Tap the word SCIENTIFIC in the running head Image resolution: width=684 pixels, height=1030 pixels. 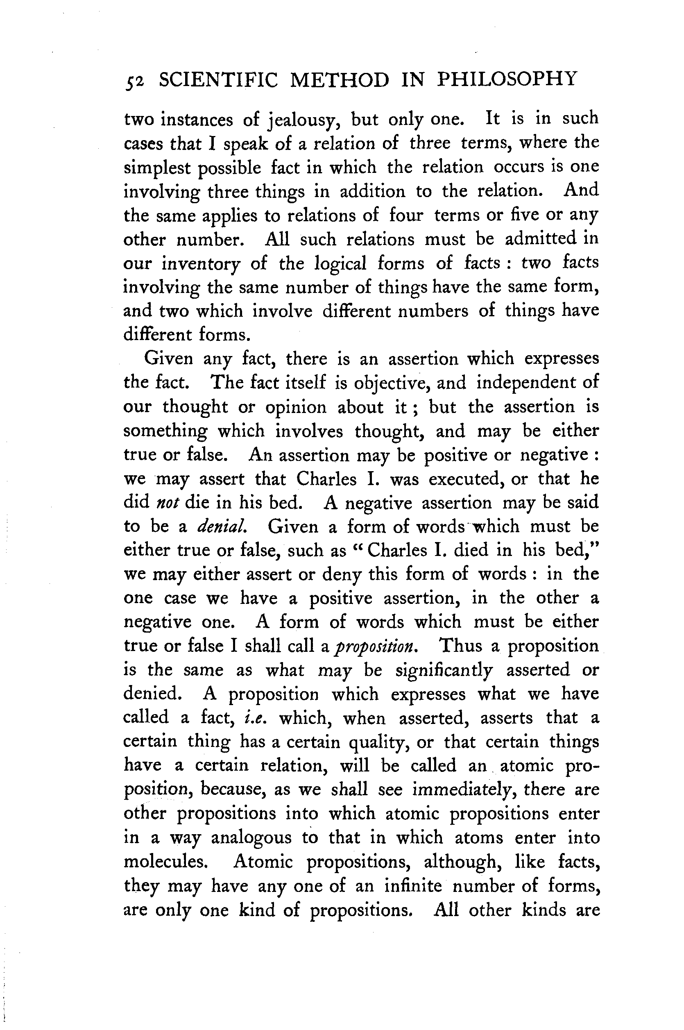click(x=218, y=80)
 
